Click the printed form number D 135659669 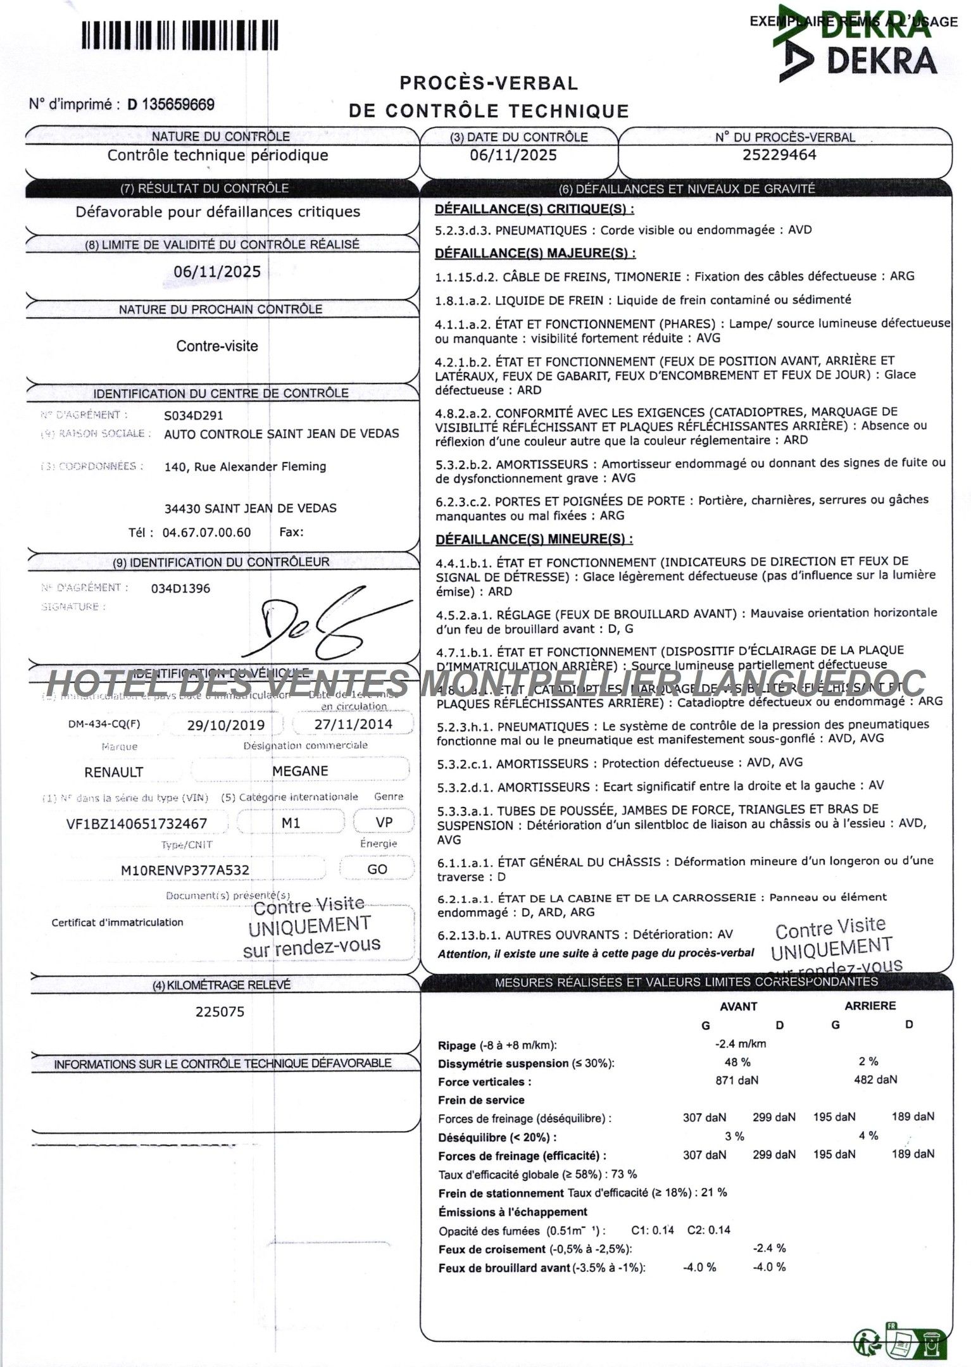pyautogui.click(x=171, y=104)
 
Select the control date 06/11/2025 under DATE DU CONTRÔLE pyautogui.click(x=513, y=155)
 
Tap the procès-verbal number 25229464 pyautogui.click(x=779, y=154)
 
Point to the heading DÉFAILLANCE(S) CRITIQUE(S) pyautogui.click(x=534, y=209)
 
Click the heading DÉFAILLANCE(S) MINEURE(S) pyautogui.click(x=534, y=539)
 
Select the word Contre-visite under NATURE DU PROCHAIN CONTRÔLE pyautogui.click(x=217, y=346)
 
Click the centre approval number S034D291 pyautogui.click(x=193, y=416)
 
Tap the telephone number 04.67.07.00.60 pyautogui.click(x=206, y=532)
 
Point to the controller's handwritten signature pyautogui.click(x=323, y=623)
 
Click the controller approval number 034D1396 pyautogui.click(x=180, y=589)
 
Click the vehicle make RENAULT pyautogui.click(x=114, y=772)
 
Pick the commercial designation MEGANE pyautogui.click(x=300, y=771)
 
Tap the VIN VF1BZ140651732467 pyautogui.click(x=137, y=824)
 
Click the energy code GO pyautogui.click(x=377, y=870)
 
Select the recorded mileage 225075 pyautogui.click(x=220, y=1011)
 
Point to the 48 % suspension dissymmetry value pyautogui.click(x=737, y=1062)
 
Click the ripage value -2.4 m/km pyautogui.click(x=736, y=1044)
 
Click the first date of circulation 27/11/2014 pyautogui.click(x=353, y=725)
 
